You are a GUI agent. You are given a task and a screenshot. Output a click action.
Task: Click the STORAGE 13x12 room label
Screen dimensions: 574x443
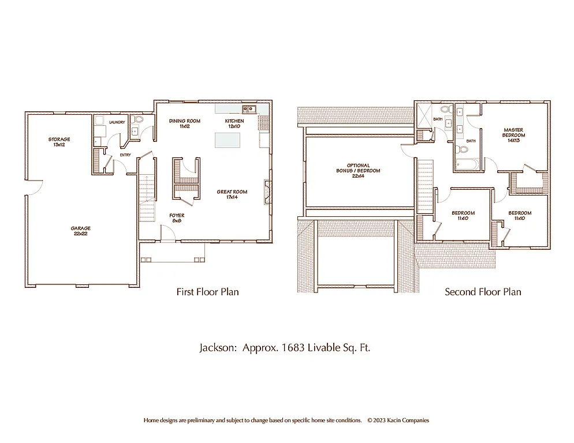point(59,142)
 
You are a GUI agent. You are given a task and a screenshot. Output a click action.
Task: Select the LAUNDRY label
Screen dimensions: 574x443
point(117,122)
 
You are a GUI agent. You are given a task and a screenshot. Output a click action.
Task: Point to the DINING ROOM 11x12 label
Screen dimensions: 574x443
point(184,123)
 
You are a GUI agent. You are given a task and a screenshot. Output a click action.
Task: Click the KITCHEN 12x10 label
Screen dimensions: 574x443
point(234,123)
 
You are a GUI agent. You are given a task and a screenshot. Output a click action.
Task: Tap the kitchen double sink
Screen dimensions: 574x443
point(249,108)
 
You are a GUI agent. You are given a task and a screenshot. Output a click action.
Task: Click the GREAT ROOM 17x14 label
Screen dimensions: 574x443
point(232,194)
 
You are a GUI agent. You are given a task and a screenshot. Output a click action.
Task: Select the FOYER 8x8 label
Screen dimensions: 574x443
point(177,218)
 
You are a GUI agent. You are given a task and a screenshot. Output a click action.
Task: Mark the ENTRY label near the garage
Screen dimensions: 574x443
point(125,155)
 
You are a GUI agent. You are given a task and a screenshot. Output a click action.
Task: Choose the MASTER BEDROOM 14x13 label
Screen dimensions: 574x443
point(513,135)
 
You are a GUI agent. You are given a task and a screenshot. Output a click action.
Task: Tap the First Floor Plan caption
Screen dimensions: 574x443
point(207,292)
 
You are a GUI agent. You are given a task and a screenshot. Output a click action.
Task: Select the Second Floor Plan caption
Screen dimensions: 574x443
point(483,292)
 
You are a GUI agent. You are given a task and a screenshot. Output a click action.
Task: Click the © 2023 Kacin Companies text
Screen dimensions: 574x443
point(398,421)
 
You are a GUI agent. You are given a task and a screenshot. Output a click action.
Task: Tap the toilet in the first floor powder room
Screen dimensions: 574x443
point(137,121)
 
